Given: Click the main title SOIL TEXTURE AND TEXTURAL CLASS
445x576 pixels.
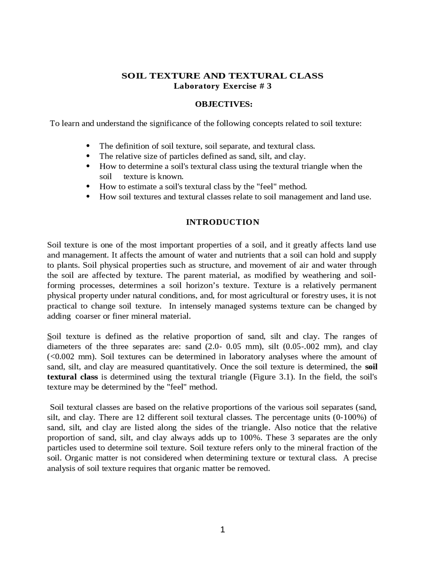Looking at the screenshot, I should pos(222,76).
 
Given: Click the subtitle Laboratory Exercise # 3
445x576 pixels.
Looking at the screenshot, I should pos(222,86).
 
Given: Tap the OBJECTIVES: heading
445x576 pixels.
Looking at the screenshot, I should pos(224,104).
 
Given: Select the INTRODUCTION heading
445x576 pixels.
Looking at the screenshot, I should pos(222,222).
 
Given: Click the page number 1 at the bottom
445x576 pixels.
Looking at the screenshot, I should pos(222,530).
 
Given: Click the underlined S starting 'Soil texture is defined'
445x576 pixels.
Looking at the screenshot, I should pos(49,337).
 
